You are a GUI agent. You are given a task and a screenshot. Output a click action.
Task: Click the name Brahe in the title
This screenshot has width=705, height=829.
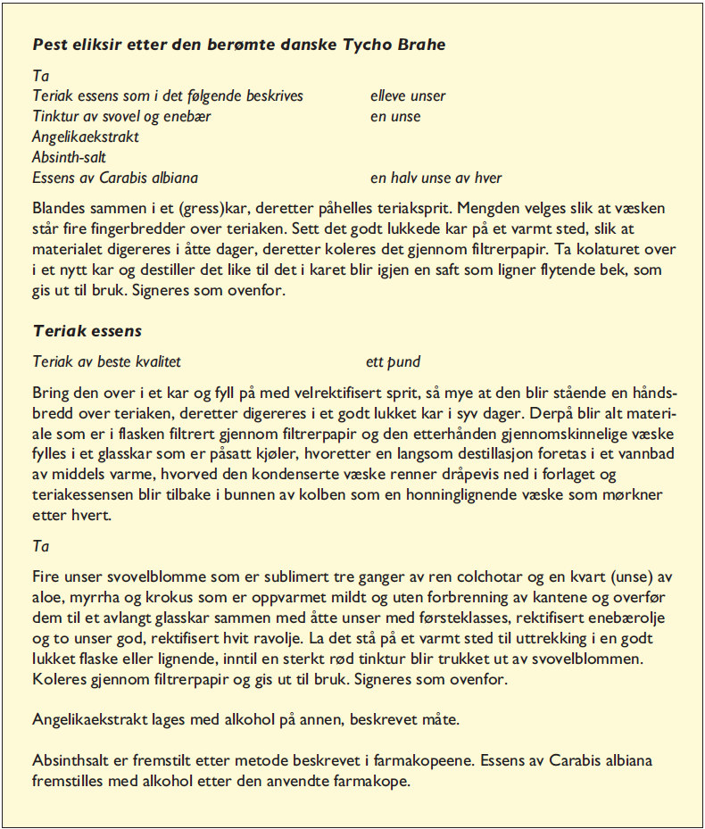[415, 44]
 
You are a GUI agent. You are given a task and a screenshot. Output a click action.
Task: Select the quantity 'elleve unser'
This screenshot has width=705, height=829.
[408, 96]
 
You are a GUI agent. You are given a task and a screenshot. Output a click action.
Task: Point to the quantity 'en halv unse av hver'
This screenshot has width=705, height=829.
[436, 178]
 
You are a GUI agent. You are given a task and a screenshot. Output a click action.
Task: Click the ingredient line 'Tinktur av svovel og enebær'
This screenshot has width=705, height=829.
[122, 117]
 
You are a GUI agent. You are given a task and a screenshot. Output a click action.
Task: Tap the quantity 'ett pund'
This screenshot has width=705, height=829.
[394, 361]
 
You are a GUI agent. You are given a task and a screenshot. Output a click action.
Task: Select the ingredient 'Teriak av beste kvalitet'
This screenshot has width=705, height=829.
[107, 361]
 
